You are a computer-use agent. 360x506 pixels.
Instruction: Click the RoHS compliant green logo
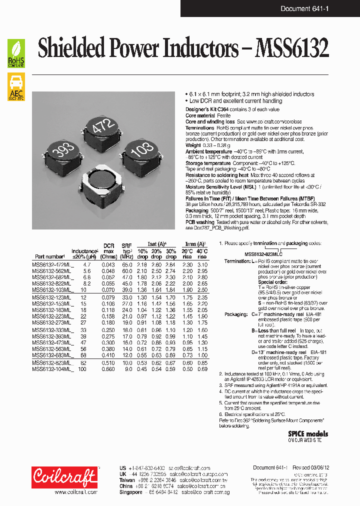pos(16,53)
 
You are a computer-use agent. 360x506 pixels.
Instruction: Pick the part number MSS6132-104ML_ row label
pos(52,369)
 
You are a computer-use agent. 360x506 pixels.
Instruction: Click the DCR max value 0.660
pos(108,369)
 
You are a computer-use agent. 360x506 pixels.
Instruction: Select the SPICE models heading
pos(308,434)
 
